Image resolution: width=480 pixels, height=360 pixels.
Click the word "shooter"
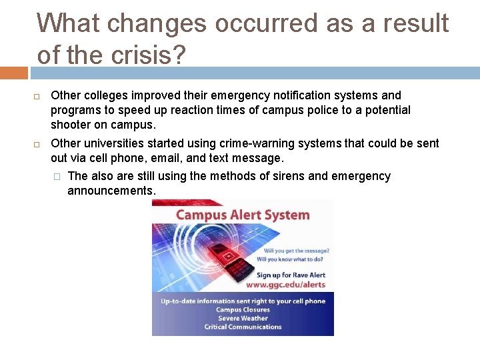click(71, 125)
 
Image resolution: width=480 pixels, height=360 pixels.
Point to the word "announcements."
click(111, 191)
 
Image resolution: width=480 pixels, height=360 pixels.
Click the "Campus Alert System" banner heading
click(242, 215)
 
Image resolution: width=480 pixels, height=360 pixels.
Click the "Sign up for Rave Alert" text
click(291, 275)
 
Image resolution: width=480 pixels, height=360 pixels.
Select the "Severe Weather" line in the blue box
click(243, 318)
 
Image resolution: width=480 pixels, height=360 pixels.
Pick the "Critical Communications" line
click(243, 327)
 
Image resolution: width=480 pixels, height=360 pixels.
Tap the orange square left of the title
click(13, 72)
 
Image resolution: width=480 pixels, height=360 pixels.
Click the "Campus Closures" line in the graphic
click(243, 309)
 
